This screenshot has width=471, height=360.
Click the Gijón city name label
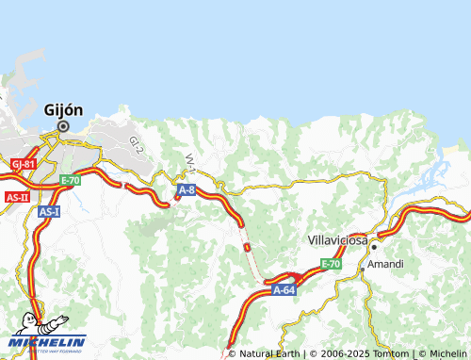click(x=63, y=109)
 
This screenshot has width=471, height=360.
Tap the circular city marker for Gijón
click(x=63, y=126)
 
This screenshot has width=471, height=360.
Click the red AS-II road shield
click(x=17, y=197)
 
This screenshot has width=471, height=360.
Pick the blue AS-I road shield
click(x=50, y=212)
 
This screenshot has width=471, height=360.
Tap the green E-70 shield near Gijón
click(x=71, y=180)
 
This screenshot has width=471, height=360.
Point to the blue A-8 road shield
click(x=186, y=190)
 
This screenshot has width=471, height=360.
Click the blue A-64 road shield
click(x=284, y=291)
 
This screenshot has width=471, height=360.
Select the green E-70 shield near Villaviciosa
click(x=330, y=264)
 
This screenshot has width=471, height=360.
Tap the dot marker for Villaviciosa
click(x=373, y=246)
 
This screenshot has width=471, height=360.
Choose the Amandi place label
click(x=385, y=264)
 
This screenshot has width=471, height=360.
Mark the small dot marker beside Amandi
click(x=364, y=269)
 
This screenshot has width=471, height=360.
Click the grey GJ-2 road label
click(x=137, y=144)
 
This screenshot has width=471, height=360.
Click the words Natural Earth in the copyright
click(x=268, y=354)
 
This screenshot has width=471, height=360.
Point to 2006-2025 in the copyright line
click(x=340, y=354)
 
